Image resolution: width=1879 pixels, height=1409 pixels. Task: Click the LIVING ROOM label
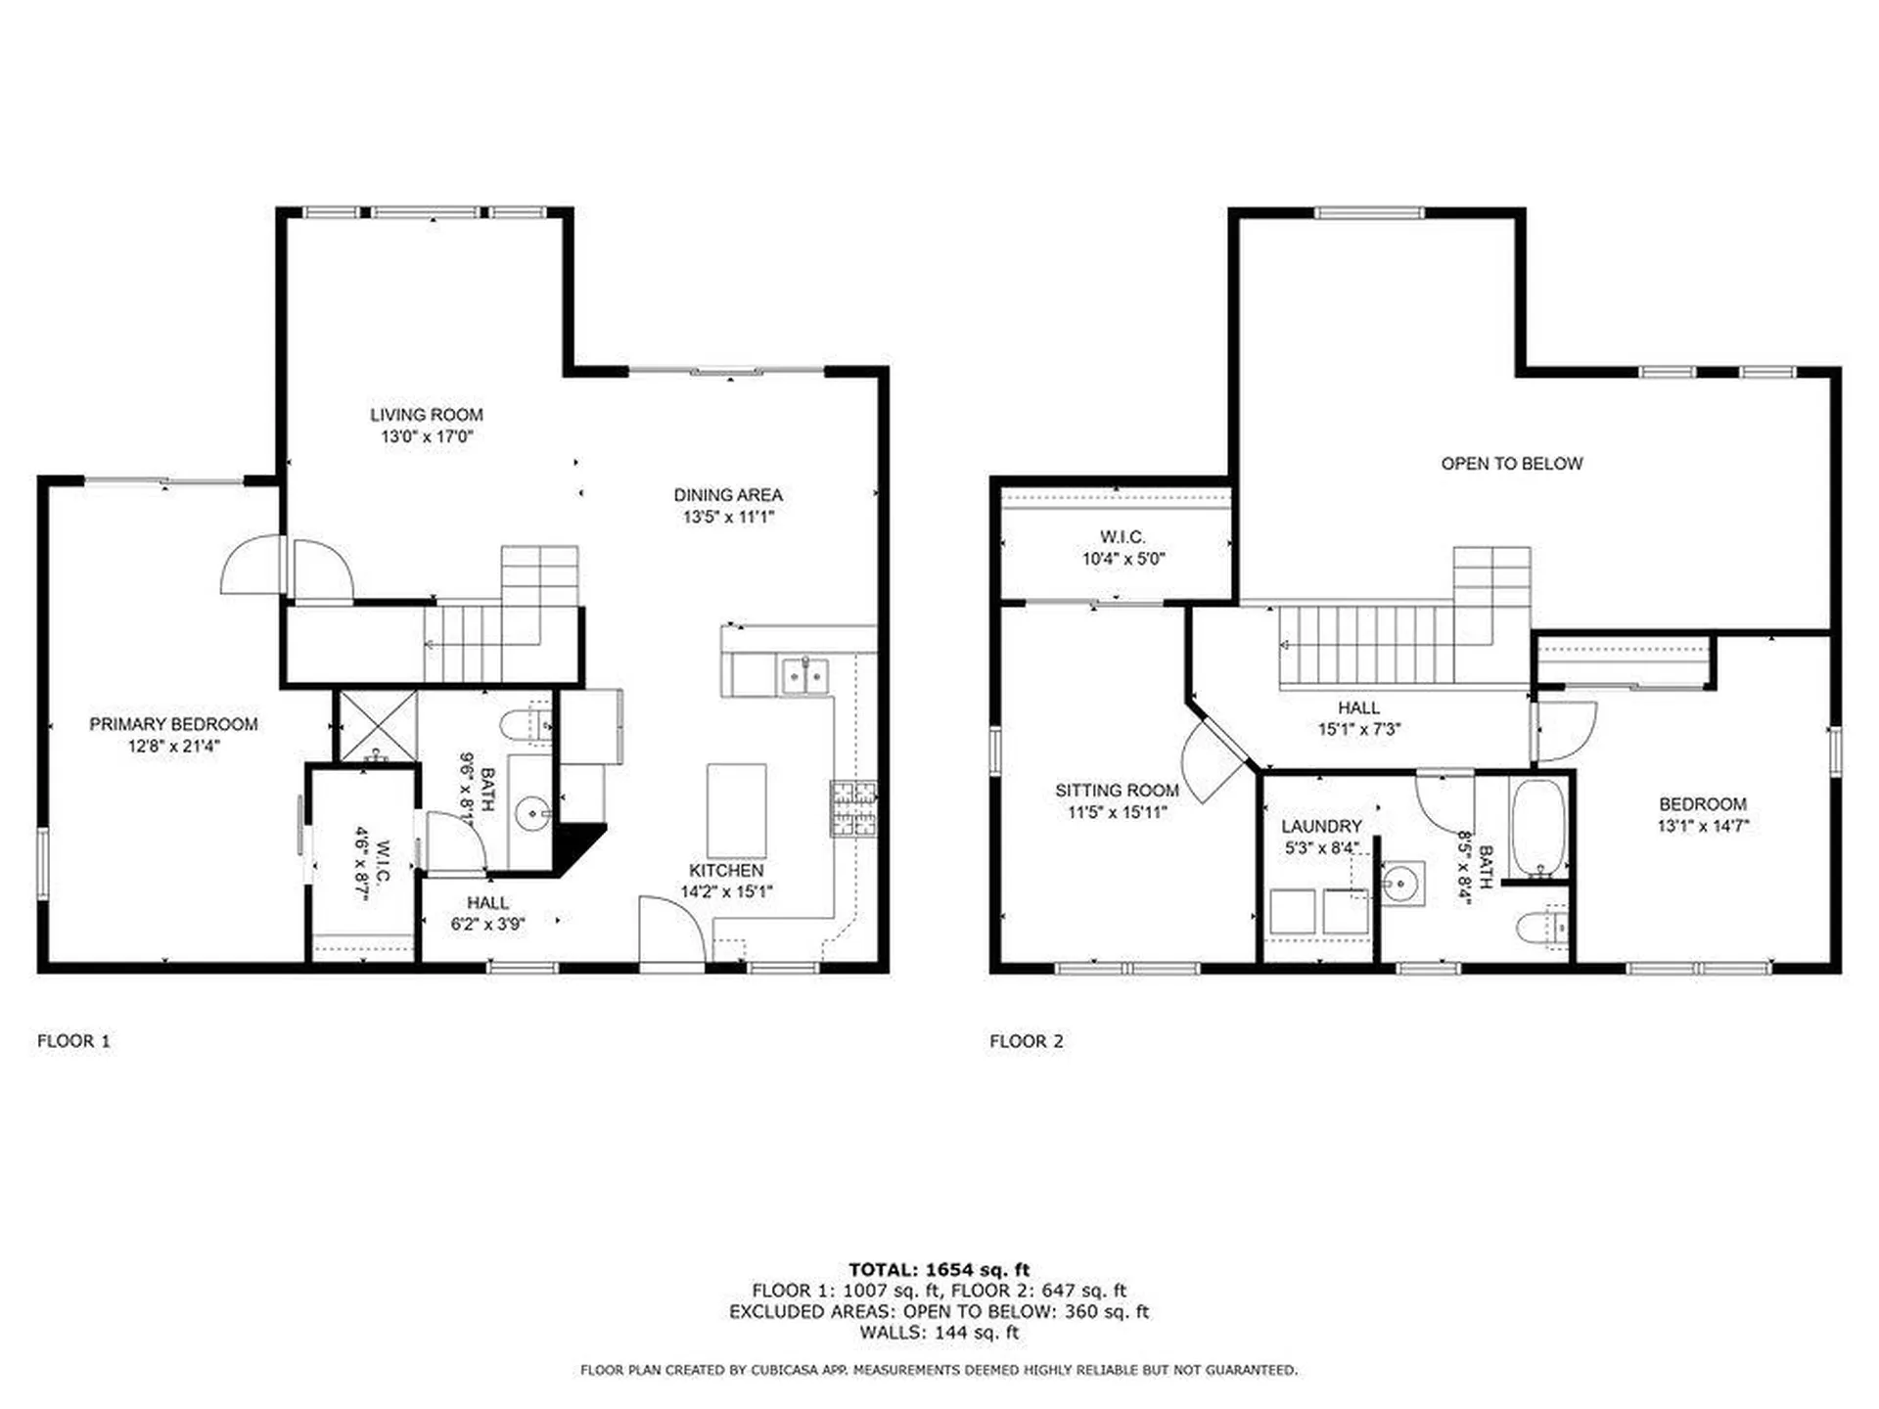(426, 415)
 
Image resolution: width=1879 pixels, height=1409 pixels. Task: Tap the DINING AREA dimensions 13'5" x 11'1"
(728, 517)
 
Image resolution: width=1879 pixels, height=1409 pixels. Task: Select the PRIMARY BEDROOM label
(173, 724)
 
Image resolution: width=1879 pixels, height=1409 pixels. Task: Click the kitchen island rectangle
(736, 811)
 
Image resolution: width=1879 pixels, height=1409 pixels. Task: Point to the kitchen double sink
(804, 676)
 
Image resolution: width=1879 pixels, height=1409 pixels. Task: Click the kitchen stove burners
(853, 808)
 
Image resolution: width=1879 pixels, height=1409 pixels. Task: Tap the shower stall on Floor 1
(377, 725)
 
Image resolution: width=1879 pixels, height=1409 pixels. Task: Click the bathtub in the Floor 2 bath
(1537, 828)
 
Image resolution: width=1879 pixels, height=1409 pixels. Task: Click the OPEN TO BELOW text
(1511, 464)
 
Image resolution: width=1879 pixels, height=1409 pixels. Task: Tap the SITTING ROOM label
(1117, 791)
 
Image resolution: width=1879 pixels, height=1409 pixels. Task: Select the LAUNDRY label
(1321, 827)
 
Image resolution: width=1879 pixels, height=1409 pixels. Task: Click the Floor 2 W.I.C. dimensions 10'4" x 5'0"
(1123, 560)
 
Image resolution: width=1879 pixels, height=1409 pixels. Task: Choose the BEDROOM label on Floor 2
(1702, 804)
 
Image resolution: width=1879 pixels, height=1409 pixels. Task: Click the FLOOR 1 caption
(74, 1041)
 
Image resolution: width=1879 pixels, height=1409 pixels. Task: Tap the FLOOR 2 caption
(1026, 1041)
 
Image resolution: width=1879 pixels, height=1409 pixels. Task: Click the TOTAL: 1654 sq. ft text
(939, 1270)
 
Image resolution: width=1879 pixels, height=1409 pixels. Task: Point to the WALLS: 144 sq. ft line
(939, 1333)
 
